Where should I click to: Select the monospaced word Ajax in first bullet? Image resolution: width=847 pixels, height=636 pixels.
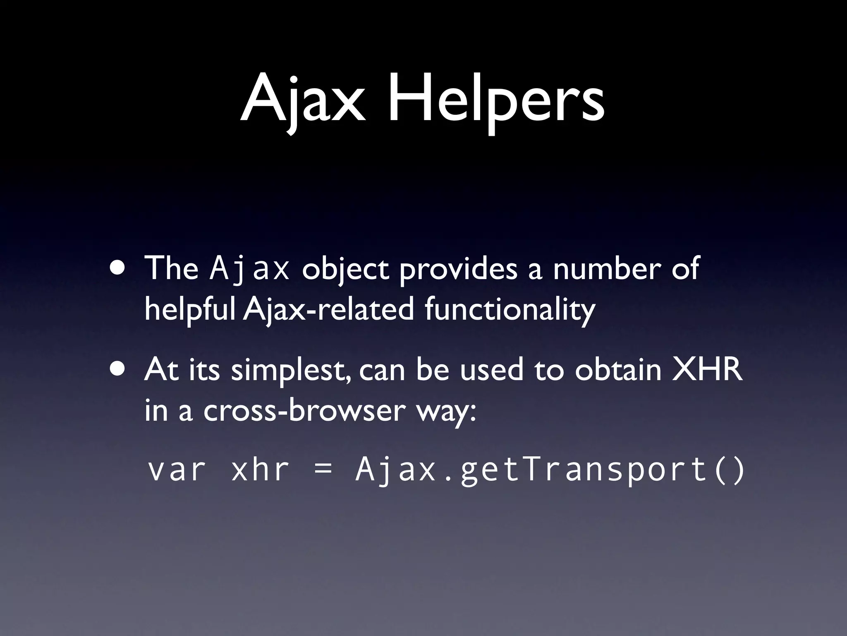point(249,268)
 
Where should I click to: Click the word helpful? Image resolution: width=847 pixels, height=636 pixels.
point(190,309)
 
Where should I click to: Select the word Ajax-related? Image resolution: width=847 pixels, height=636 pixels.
point(328,309)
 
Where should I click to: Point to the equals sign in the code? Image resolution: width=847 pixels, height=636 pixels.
point(323,471)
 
